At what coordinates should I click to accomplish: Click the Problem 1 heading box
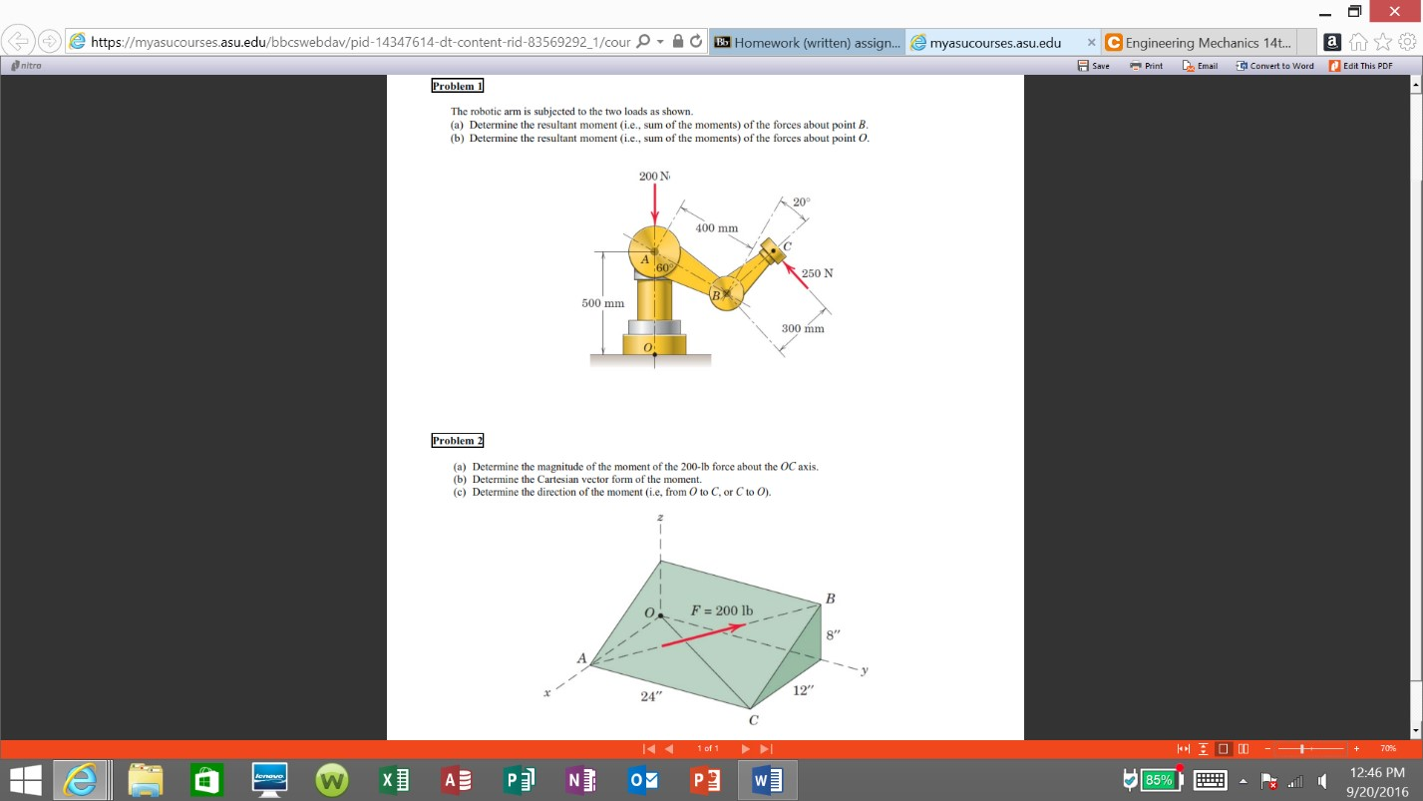point(457,86)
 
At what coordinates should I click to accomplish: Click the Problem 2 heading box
point(457,440)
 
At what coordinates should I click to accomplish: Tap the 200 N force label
point(654,177)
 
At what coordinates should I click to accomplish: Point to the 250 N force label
point(818,272)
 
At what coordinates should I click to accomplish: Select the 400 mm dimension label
point(716,228)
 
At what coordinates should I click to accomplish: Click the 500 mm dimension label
point(603,303)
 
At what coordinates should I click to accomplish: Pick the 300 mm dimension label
point(803,328)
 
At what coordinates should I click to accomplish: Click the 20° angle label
point(802,201)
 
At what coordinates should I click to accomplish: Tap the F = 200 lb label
point(722,610)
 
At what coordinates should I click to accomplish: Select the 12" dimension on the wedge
point(804,690)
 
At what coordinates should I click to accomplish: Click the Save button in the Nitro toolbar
point(1094,66)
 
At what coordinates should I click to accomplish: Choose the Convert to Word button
point(1274,66)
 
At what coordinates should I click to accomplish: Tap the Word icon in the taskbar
point(767,780)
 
